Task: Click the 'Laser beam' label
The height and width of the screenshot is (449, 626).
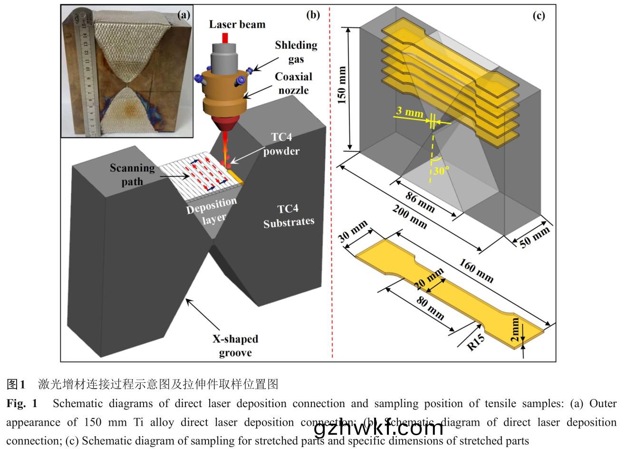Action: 237,24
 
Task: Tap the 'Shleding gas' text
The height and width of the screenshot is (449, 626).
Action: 296,52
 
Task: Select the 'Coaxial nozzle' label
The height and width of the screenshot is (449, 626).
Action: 294,83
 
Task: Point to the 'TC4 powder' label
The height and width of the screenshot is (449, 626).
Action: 281,144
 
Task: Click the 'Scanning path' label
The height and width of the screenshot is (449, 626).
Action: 132,174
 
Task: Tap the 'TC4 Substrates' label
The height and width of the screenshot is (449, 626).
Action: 289,215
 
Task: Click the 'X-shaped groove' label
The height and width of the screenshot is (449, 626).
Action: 235,346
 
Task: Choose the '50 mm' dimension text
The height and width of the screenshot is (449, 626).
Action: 534,237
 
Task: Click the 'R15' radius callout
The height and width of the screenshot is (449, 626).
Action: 476,342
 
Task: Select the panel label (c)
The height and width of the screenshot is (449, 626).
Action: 539,15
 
